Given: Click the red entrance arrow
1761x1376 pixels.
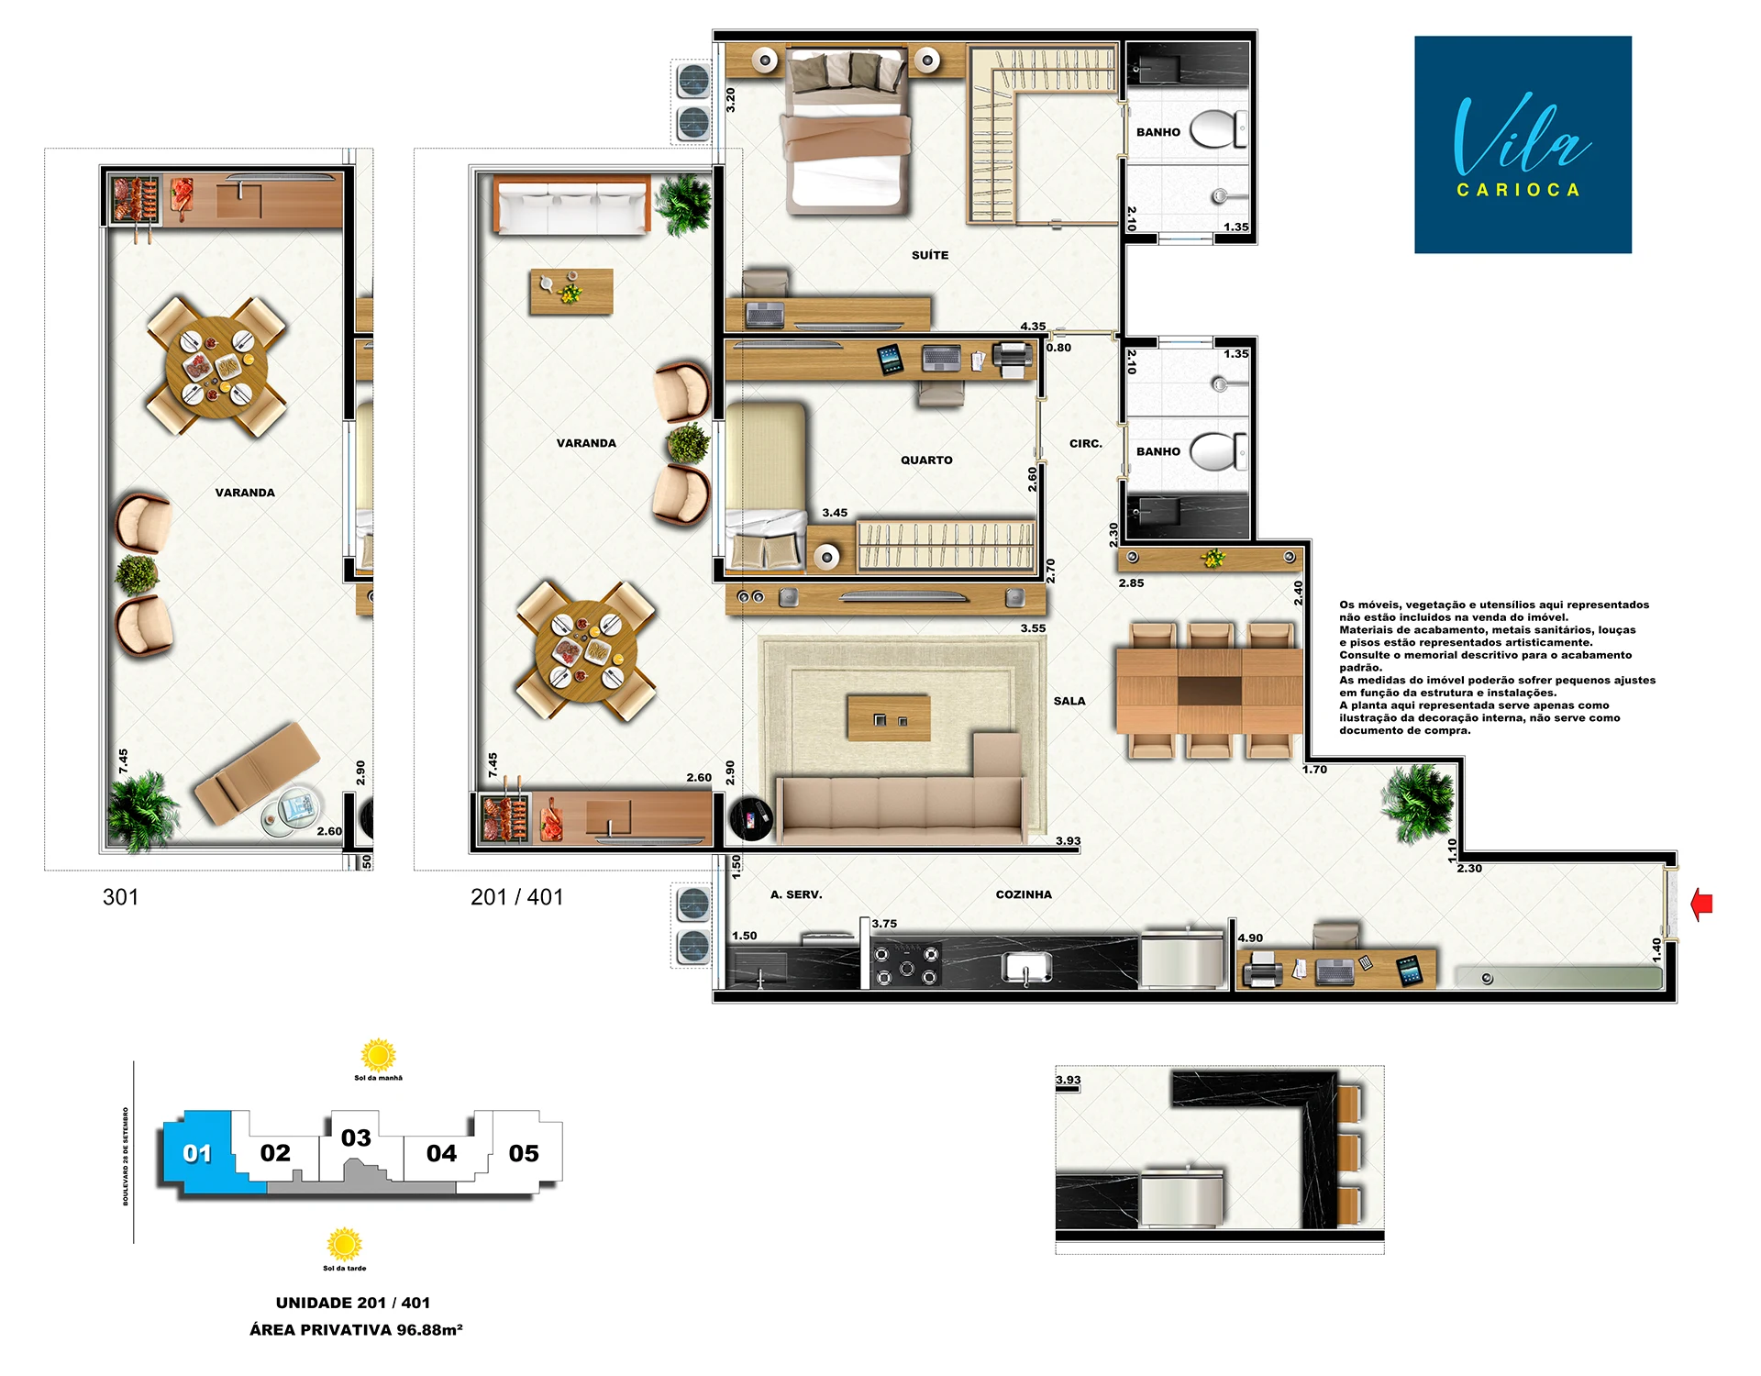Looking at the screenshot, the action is pyautogui.click(x=1701, y=904).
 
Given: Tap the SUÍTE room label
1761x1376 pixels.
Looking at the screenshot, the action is pyautogui.click(x=930, y=255).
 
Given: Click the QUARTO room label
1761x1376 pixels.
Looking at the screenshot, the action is pyautogui.click(x=926, y=461).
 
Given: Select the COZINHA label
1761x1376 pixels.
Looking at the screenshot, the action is pyautogui.click(x=1024, y=894).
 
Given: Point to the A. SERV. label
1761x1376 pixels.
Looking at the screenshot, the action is pyautogui.click(x=796, y=894).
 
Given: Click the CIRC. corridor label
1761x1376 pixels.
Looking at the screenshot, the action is pyautogui.click(x=1086, y=444).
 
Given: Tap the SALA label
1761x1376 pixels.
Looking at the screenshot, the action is pyautogui.click(x=1069, y=701).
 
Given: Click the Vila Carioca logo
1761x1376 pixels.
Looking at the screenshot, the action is pyautogui.click(x=1523, y=145).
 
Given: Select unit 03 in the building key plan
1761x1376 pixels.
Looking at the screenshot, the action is pyautogui.click(x=356, y=1138).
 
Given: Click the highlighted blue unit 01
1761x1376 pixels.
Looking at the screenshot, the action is pyautogui.click(x=197, y=1153).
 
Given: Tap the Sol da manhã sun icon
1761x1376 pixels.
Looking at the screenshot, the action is pyautogui.click(x=378, y=1055).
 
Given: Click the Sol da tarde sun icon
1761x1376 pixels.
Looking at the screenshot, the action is pyautogui.click(x=344, y=1245).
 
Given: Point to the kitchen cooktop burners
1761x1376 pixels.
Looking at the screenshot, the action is pyautogui.click(x=906, y=963).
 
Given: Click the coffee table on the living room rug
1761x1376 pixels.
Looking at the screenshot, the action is pyautogui.click(x=889, y=717).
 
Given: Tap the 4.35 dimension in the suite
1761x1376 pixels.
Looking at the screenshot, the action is pyautogui.click(x=1033, y=327).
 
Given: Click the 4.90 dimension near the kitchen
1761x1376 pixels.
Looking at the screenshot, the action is pyautogui.click(x=1250, y=938).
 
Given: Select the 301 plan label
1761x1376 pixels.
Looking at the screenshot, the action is pyautogui.click(x=120, y=897).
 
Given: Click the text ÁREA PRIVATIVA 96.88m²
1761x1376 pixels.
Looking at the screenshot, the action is pyautogui.click(x=356, y=1330).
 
